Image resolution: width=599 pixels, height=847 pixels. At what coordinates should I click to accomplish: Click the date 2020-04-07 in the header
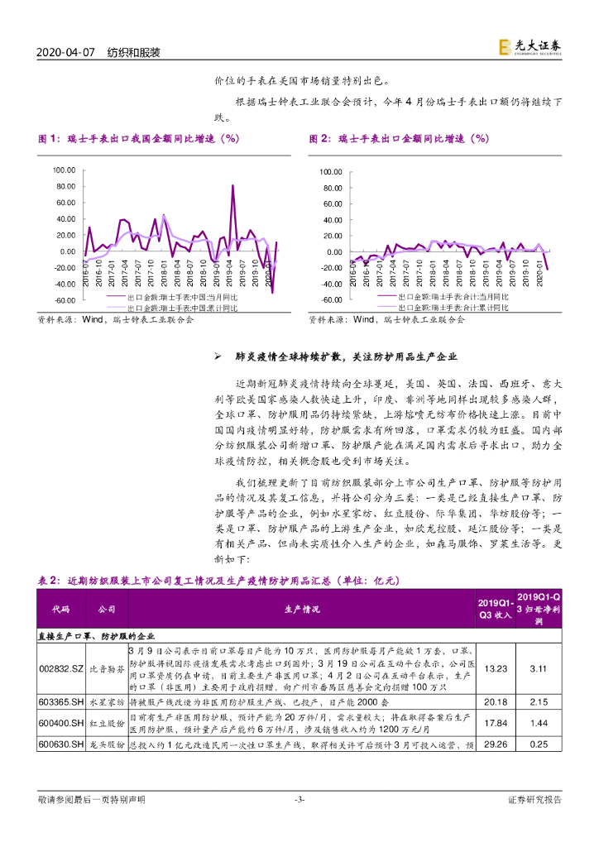(x=67, y=52)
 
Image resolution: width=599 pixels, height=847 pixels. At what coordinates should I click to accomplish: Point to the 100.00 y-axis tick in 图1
(x=64, y=170)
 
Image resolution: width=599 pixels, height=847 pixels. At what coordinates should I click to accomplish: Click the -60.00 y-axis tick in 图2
(x=330, y=299)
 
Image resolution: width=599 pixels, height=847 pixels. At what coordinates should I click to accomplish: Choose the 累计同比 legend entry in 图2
(x=453, y=307)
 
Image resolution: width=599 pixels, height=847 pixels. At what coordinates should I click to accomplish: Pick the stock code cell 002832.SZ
(x=60, y=668)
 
